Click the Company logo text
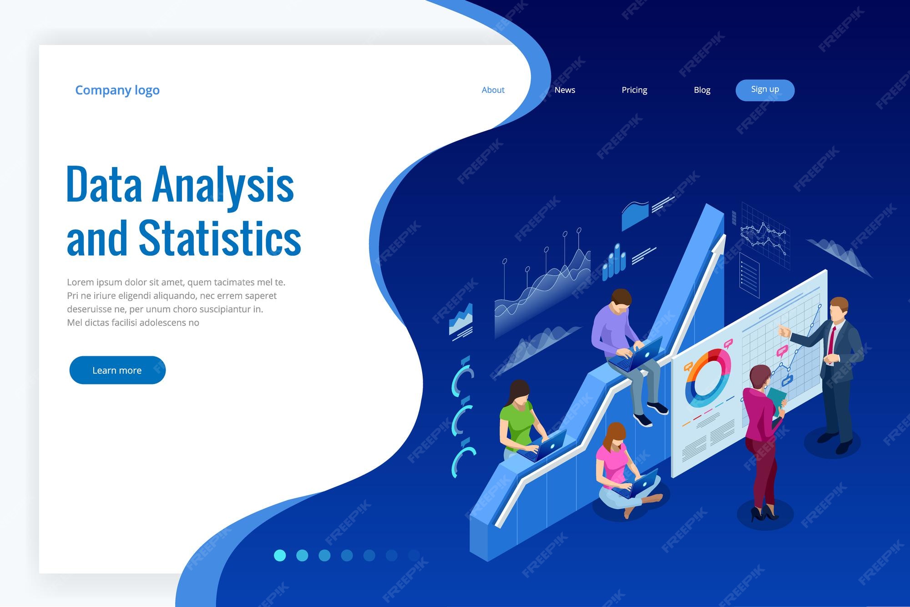pos(117,90)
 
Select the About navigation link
pos(493,90)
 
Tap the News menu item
pos(565,90)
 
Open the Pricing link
pos(634,90)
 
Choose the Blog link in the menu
pos(702,90)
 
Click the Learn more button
pos(117,370)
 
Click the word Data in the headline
pos(104,184)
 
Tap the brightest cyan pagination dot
pos(280,555)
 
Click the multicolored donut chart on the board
pos(708,378)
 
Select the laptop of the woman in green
pos(546,446)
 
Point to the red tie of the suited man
pos(831,339)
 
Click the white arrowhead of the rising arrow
pos(719,246)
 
